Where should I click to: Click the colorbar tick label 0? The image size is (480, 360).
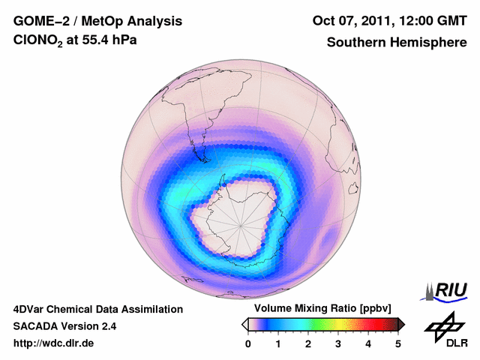click(248, 343)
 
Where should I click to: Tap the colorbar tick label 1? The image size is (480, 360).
click(278, 343)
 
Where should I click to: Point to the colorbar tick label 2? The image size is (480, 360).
click(308, 343)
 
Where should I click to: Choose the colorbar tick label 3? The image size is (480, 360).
click(338, 343)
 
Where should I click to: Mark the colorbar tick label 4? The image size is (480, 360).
click(368, 343)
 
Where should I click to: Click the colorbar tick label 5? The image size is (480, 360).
click(398, 343)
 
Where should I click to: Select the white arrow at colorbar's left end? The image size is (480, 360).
click(244, 324)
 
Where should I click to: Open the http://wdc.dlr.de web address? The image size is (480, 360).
click(54, 343)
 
